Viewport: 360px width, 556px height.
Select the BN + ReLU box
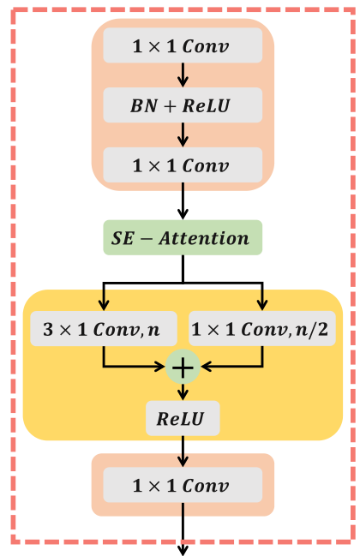[182, 105]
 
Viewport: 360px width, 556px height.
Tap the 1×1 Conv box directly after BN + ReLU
[182, 165]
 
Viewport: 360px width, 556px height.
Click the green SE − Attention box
[182, 237]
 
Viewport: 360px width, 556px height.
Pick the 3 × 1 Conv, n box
[104, 328]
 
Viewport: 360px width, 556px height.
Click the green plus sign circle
[183, 366]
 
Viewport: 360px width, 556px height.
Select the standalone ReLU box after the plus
[183, 420]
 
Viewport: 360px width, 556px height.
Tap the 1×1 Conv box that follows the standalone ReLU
[182, 486]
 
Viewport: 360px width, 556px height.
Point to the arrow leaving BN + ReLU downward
[183, 135]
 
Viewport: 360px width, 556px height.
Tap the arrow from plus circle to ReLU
[183, 392]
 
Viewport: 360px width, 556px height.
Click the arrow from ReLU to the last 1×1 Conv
[183, 451]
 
